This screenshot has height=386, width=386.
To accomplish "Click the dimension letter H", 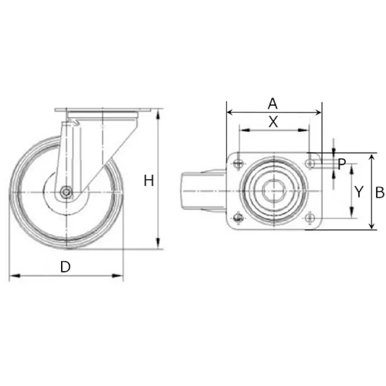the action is [149, 181].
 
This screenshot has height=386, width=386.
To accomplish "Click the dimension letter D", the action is [66, 266].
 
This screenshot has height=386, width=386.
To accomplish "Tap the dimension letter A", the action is [272, 103].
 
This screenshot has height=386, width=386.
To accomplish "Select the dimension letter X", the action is [273, 122].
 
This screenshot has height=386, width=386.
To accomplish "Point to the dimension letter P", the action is [342, 164].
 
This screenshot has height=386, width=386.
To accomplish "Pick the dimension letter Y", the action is [359, 192].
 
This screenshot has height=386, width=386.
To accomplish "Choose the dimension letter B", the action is [380, 192].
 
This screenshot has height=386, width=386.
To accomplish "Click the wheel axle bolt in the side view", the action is [66, 192].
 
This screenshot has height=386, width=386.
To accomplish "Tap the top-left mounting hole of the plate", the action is [238, 163].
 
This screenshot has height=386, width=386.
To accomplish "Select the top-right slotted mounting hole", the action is [310, 163].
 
